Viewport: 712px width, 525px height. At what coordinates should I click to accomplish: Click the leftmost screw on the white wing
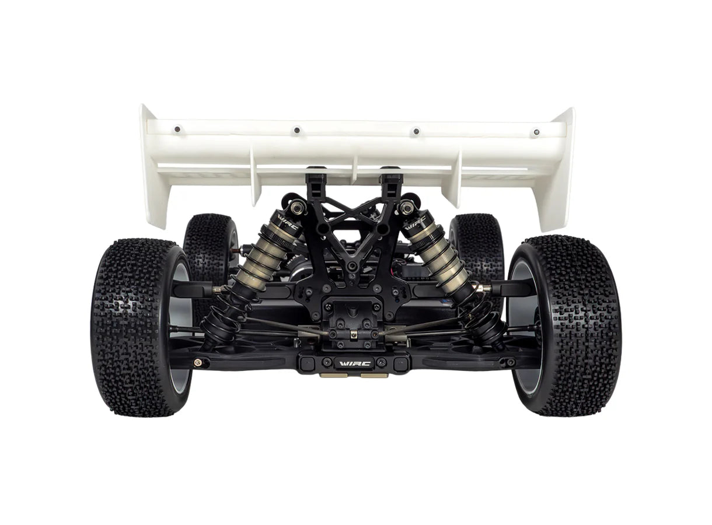[177, 129]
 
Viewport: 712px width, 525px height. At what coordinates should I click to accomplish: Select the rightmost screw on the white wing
[535, 133]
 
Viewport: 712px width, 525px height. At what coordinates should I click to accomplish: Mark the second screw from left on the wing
[296, 130]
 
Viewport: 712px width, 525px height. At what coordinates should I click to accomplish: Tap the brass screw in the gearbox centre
[354, 334]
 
